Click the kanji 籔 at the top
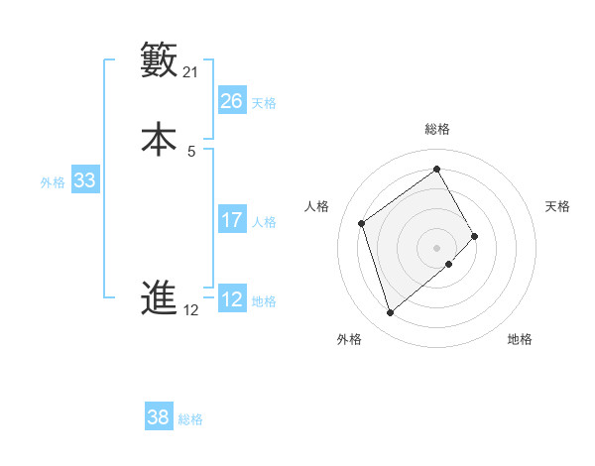pyautogui.click(x=160, y=60)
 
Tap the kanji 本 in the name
pyautogui.click(x=160, y=139)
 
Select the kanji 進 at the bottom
pyautogui.click(x=160, y=297)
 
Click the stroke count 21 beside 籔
pyautogui.click(x=191, y=72)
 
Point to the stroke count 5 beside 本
pyautogui.click(x=191, y=151)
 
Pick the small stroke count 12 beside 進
pyautogui.click(x=191, y=310)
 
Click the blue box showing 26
pyautogui.click(x=232, y=101)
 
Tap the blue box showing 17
pyautogui.click(x=232, y=220)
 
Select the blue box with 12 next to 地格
pyautogui.click(x=232, y=299)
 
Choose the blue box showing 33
pyautogui.click(x=85, y=180)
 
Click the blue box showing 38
pyautogui.click(x=159, y=417)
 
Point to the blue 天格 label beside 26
pyautogui.click(x=264, y=103)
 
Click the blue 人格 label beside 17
pyautogui.click(x=264, y=222)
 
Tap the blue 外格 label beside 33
pyautogui.click(x=53, y=182)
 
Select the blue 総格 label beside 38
pyautogui.click(x=190, y=419)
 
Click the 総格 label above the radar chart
pyautogui.click(x=437, y=129)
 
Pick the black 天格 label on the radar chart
pyautogui.click(x=557, y=206)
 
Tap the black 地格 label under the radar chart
pyautogui.click(x=520, y=339)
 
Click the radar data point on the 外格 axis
pyautogui.click(x=391, y=313)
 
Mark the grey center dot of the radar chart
pyautogui.click(x=437, y=247)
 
